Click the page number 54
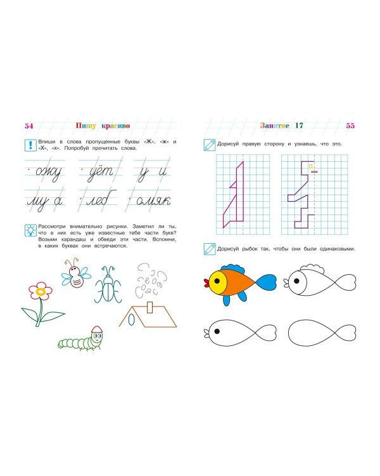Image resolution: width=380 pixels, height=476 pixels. pos(28,126)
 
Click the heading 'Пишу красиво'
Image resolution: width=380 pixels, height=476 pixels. pos(101,126)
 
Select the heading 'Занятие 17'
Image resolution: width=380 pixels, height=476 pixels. pos(282,126)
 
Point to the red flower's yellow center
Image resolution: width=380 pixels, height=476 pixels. pos(41,292)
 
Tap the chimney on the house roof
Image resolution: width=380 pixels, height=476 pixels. pos(150,308)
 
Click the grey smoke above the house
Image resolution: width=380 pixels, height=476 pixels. pos(150,279)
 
